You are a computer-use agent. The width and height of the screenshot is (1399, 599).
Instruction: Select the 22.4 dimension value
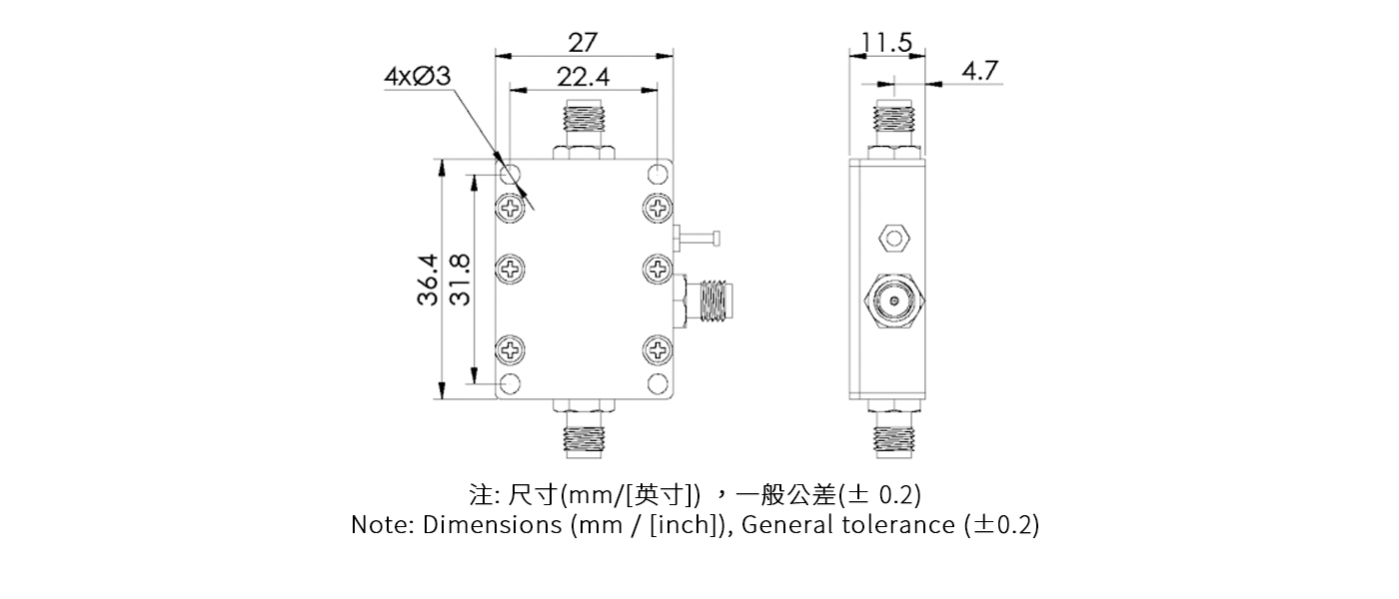pos(583,78)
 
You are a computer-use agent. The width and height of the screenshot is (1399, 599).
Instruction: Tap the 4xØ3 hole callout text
pos(417,78)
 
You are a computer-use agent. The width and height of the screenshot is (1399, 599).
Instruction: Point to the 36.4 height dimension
pos(428,280)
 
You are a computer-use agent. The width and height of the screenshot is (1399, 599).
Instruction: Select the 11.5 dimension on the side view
pos(886,43)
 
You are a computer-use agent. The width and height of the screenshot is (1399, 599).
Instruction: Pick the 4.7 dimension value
pos(979,72)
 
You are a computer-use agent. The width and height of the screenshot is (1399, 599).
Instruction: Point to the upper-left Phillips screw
pos(511,209)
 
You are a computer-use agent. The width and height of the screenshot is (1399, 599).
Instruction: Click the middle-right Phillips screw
pos(658,268)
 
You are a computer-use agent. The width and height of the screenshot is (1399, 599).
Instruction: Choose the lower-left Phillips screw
pos(511,349)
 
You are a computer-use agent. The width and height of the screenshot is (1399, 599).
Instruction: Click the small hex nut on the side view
pos(892,239)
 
